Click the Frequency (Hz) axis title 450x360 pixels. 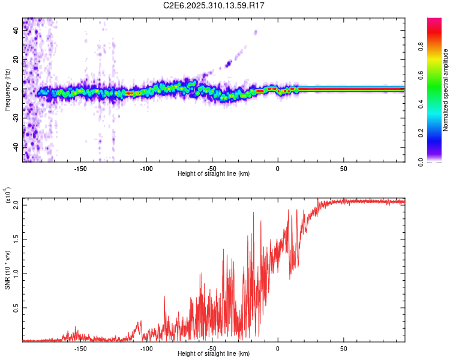(x=7, y=90)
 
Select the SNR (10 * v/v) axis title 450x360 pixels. (x=7, y=269)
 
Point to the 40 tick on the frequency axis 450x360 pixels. (x=17, y=31)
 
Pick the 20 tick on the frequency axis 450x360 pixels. (x=17, y=60)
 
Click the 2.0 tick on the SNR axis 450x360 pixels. (x=17, y=205)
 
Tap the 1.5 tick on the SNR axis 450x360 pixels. (x=17, y=239)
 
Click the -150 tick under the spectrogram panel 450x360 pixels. (x=81, y=168)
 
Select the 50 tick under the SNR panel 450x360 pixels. (x=343, y=348)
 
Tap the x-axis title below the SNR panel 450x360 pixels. (x=214, y=355)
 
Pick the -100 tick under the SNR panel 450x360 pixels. (x=146, y=348)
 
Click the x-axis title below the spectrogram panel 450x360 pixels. (x=214, y=174)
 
